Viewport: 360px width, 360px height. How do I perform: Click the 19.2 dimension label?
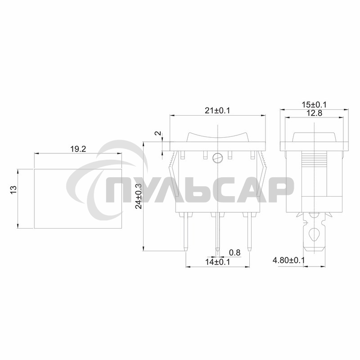tap(78, 149)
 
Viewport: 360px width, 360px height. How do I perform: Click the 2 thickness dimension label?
tap(157, 134)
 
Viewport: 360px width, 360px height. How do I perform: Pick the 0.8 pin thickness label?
tap(234, 253)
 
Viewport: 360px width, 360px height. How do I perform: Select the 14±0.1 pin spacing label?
tap(218, 262)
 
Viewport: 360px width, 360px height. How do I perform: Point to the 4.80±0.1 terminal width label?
tap(288, 261)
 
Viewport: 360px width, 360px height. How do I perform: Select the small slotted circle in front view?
tap(218, 158)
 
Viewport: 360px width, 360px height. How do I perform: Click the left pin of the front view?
tap(185, 231)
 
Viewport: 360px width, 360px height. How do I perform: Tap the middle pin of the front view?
tap(218, 231)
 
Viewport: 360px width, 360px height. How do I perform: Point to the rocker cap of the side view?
tap(315, 137)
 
